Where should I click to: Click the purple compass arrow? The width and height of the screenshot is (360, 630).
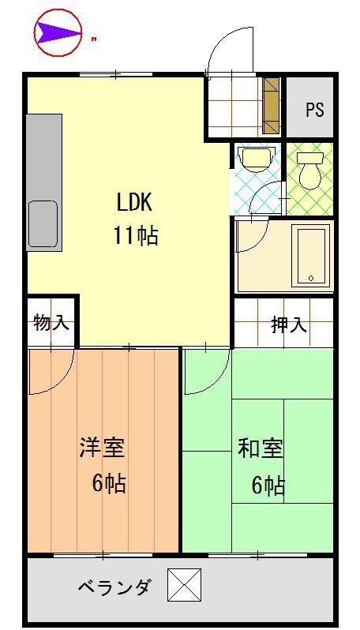(57, 32)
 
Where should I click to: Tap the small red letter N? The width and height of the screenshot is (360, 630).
(94, 38)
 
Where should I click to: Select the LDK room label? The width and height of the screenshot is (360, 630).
(134, 203)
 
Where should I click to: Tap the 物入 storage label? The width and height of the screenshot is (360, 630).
(51, 322)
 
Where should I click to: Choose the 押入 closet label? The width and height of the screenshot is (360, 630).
(289, 324)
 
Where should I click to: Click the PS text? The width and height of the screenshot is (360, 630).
(315, 109)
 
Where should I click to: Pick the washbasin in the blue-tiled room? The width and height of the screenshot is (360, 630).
(254, 159)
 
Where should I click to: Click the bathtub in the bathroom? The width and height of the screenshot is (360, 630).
(310, 256)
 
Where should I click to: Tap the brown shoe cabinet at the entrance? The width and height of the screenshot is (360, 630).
(271, 106)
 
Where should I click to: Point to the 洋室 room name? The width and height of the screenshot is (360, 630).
(101, 448)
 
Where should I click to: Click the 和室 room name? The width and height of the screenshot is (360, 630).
(261, 448)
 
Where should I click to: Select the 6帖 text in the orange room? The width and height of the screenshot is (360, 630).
(108, 483)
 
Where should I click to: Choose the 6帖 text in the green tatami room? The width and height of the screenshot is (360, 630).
(268, 486)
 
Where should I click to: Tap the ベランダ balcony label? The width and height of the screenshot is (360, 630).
(114, 588)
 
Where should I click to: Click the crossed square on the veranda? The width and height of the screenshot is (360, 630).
(185, 587)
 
